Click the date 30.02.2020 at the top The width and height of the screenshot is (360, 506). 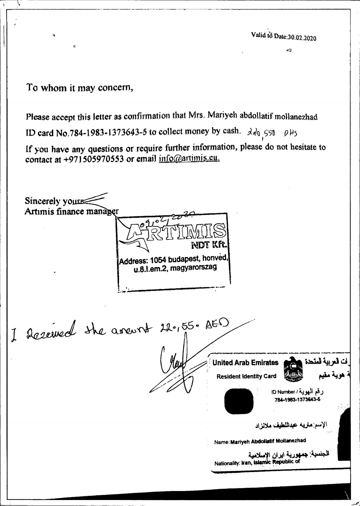coord(302,37)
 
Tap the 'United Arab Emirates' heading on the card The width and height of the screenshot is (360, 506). coord(245,363)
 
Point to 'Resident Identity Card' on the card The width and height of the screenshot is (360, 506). coord(246,376)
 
